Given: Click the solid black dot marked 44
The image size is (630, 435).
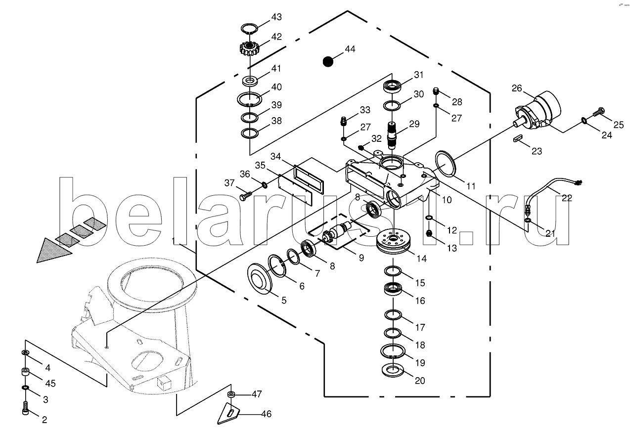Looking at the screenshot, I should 327,61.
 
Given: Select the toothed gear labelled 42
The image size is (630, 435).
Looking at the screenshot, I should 250,48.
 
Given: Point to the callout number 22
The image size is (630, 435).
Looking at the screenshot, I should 567,198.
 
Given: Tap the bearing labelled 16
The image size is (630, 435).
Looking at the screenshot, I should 394,289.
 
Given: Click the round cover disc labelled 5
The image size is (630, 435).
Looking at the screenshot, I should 261,279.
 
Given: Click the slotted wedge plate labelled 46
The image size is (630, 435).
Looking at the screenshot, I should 228,412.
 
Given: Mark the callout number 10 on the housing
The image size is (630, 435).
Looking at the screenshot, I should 447,200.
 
